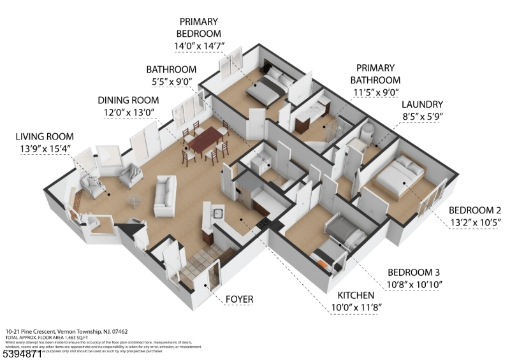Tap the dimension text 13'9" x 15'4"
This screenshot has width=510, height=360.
pyautogui.click(x=45, y=149)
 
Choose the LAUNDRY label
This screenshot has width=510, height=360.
pyautogui.click(x=421, y=104)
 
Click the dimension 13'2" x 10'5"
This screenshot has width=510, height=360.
pyautogui.click(x=475, y=222)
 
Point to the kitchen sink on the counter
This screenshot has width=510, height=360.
pyautogui.click(x=216, y=213)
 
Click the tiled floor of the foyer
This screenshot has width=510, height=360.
pyautogui.click(x=194, y=268)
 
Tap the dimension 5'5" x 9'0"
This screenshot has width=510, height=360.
pyautogui.click(x=171, y=81)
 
